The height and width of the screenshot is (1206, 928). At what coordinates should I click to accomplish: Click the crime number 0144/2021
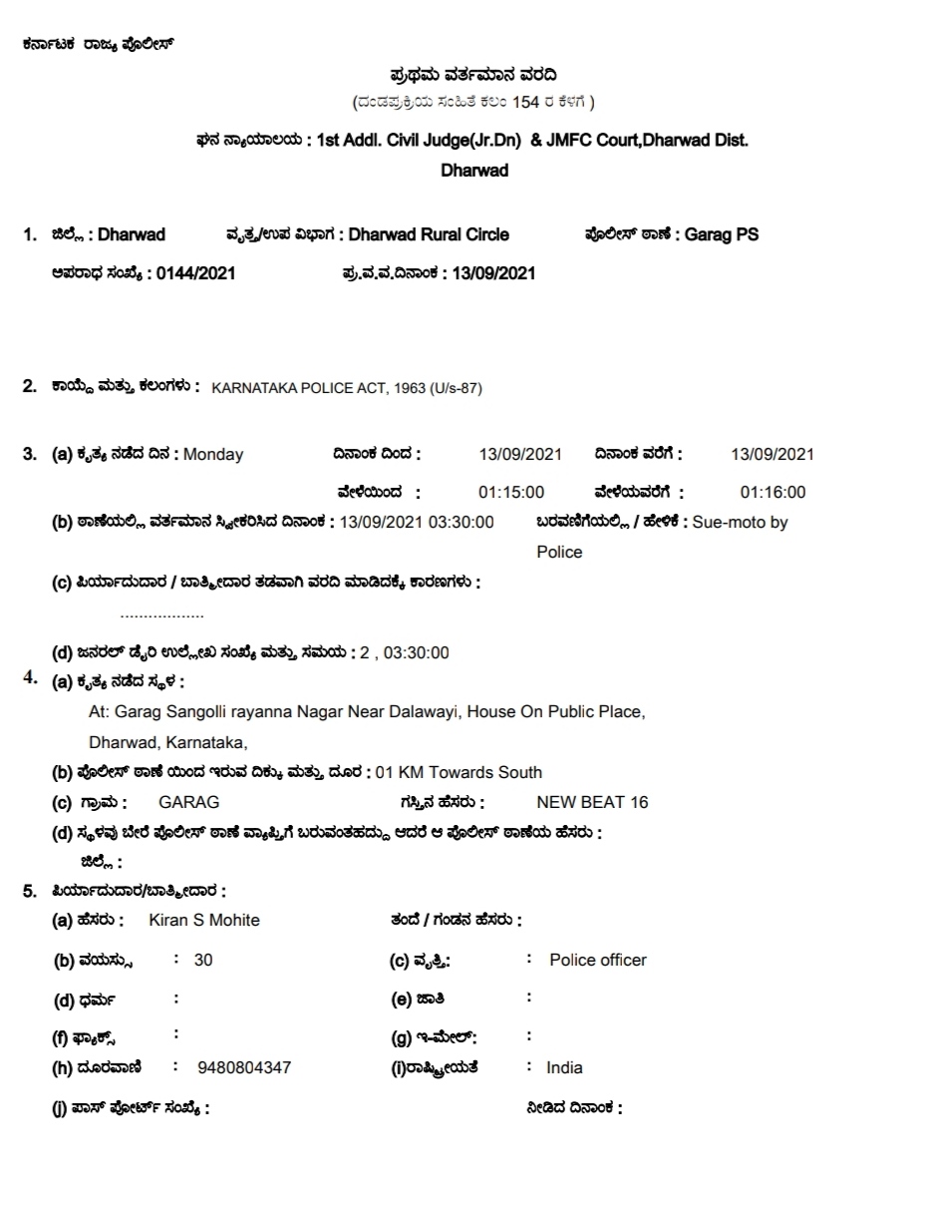click(x=196, y=273)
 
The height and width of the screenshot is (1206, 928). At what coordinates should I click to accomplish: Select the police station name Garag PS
click(x=722, y=235)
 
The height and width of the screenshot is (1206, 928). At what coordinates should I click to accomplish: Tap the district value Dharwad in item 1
click(x=132, y=235)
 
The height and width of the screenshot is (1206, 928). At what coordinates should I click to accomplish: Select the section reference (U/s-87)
click(x=457, y=388)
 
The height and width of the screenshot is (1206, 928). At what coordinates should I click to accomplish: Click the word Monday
click(x=213, y=455)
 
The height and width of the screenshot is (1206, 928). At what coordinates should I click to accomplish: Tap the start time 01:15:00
click(x=511, y=493)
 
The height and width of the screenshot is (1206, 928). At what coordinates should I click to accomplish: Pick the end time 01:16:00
click(x=773, y=493)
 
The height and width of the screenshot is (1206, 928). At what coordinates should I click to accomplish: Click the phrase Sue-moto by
click(x=740, y=523)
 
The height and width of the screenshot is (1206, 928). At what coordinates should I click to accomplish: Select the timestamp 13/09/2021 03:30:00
click(x=417, y=523)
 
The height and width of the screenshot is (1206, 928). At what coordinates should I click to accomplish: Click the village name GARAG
click(x=188, y=803)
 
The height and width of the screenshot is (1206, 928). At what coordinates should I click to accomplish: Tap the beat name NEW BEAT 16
click(x=592, y=803)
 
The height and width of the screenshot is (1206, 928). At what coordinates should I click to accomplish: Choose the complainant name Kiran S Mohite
click(x=204, y=921)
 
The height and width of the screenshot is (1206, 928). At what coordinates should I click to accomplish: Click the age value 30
click(x=203, y=961)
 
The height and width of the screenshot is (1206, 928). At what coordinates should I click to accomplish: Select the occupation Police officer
click(x=598, y=961)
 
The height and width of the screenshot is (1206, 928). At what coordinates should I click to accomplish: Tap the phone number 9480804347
click(x=244, y=1068)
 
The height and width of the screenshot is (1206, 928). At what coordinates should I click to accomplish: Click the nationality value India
click(x=564, y=1068)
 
